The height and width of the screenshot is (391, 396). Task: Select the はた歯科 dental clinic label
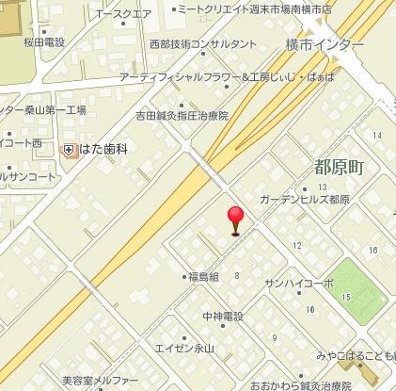102,149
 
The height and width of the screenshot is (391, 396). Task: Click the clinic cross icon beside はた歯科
69,149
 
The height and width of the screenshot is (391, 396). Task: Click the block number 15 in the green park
346,298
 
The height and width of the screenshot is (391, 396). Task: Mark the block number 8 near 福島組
237,275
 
